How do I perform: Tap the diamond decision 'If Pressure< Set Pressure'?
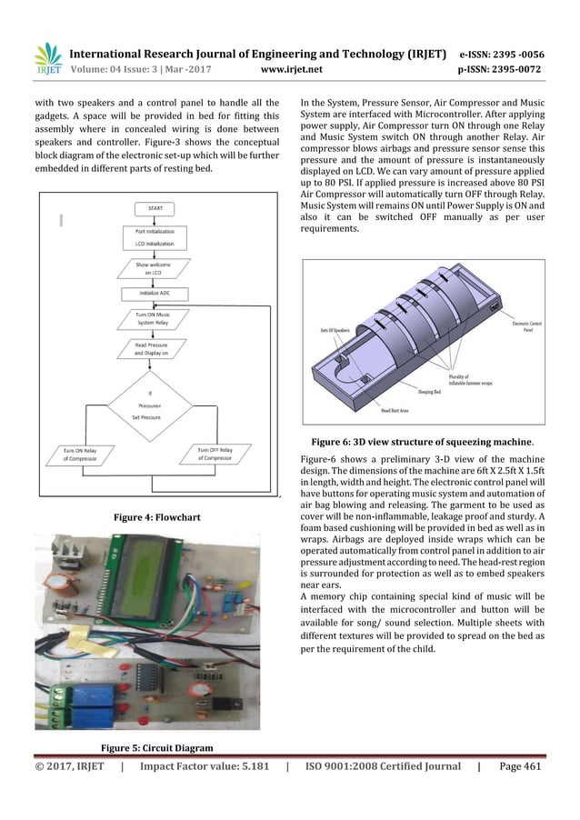(151, 407)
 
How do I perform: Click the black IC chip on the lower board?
(145, 674)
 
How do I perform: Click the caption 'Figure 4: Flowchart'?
(148, 517)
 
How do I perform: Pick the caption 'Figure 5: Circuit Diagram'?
(156, 747)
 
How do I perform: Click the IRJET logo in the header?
(47, 58)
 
